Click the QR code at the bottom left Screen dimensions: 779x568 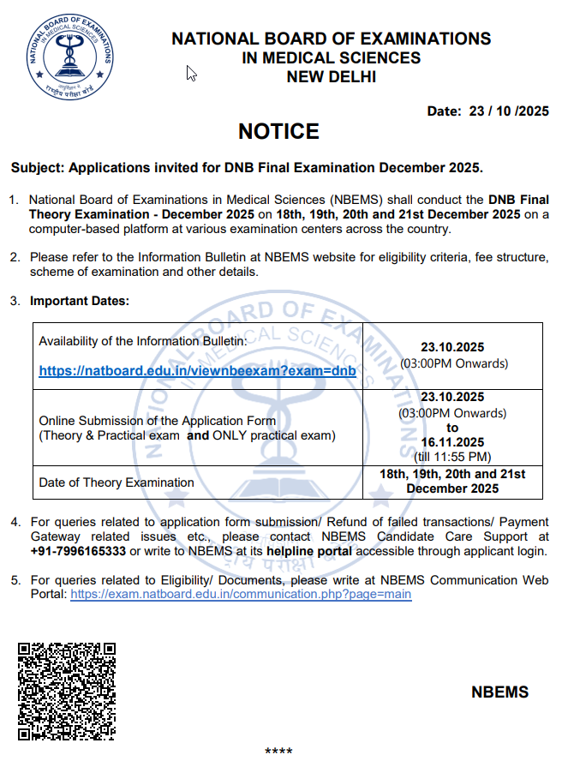click(x=67, y=690)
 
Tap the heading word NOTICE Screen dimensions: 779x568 click(x=278, y=131)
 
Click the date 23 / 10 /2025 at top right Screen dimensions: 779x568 click(x=504, y=111)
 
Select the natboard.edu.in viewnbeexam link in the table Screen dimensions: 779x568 click(x=197, y=371)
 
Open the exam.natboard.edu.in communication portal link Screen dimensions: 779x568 click(x=241, y=594)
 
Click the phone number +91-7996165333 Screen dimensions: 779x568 click(x=78, y=551)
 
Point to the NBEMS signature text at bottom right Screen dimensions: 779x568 click(x=499, y=692)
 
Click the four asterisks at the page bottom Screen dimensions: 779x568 click(x=278, y=752)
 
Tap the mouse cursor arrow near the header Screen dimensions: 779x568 click(x=192, y=74)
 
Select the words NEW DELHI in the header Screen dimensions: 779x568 click(x=332, y=77)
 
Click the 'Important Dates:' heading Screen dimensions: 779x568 click(x=80, y=301)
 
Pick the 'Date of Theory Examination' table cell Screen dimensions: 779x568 click(x=117, y=482)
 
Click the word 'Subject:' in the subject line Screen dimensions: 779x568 click(x=37, y=166)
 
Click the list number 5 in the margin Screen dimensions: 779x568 click(x=15, y=580)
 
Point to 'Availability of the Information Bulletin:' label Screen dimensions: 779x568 click(x=143, y=341)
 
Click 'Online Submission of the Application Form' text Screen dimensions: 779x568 click(x=158, y=421)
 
